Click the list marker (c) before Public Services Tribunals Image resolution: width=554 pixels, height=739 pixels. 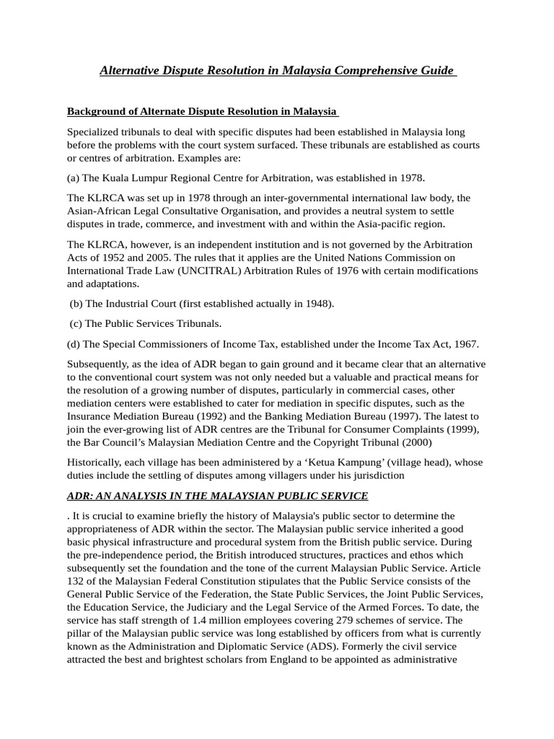point(77,323)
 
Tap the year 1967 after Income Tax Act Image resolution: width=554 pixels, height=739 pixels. point(462,344)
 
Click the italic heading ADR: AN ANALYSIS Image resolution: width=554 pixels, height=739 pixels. point(217,496)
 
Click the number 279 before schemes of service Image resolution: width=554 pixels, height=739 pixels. point(348,620)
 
